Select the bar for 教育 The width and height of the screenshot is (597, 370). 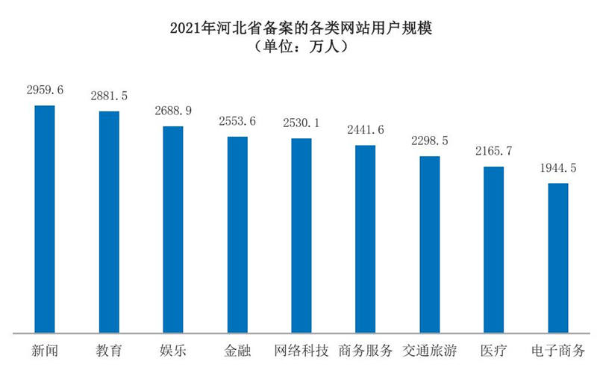[x=109, y=222]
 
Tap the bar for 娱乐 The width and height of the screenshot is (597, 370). [x=173, y=229]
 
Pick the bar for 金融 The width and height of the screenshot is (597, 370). [x=237, y=235]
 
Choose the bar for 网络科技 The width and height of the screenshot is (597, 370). [x=301, y=235]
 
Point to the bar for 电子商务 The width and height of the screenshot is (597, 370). [x=558, y=258]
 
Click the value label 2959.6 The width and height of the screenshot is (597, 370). [x=45, y=90]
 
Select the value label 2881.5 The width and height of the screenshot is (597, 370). [x=109, y=96]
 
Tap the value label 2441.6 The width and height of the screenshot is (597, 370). [x=366, y=130]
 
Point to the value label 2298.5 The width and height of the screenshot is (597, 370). [x=430, y=141]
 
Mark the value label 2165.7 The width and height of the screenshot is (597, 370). [x=494, y=152]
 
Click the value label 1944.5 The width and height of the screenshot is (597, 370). [x=558, y=168]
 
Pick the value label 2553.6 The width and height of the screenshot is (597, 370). [x=237, y=121]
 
